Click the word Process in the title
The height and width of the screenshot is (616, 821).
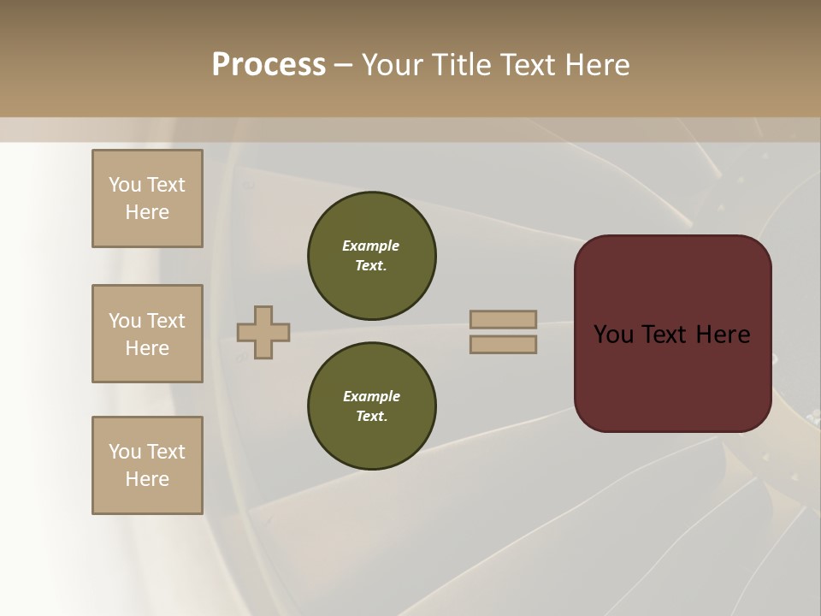pos(269,65)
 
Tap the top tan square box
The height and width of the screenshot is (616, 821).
pos(147,198)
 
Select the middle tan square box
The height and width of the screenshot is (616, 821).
pos(147,334)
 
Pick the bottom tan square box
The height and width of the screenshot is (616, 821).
pos(147,465)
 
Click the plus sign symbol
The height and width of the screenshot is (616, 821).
pos(263,332)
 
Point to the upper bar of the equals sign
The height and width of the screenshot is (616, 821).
pos(503,319)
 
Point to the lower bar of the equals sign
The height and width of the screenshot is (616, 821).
pos(503,345)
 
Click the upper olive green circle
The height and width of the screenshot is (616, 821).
pos(372,255)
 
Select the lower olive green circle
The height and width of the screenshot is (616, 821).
pos(372,406)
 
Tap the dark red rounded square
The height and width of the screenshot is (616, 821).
pos(672,334)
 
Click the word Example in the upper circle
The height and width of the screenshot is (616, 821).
pos(371,246)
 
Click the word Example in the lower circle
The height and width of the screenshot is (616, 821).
pos(371,396)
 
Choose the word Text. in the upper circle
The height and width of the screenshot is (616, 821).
pos(371,265)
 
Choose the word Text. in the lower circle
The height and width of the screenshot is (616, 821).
pos(371,416)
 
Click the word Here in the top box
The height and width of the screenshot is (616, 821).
pos(147,212)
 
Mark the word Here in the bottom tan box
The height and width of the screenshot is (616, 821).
pos(147,479)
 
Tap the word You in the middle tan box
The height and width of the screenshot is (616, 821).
pos(124,321)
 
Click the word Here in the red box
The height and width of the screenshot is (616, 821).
pos(723,335)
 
